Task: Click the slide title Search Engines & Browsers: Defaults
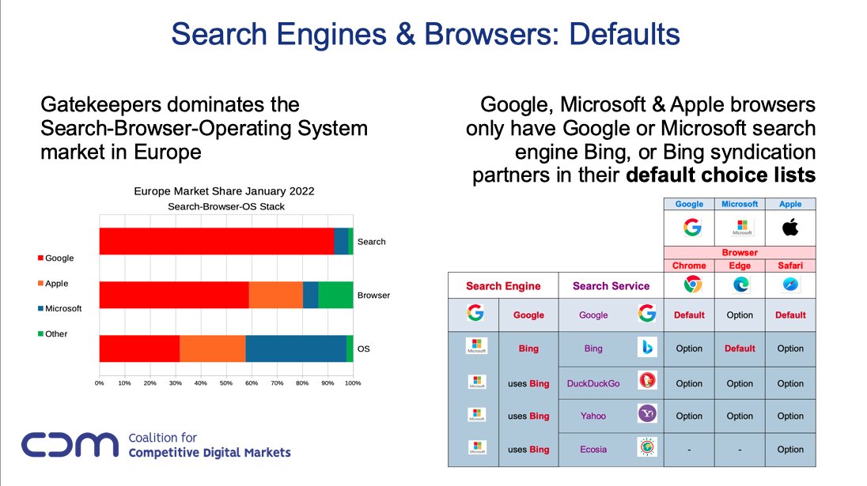coord(426,34)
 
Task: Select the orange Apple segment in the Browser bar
coord(275,295)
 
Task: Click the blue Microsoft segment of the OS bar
coord(295,348)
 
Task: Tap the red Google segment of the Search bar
coord(215,241)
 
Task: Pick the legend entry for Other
coord(56,333)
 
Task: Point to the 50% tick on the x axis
coord(226,383)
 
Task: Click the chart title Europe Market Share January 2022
coord(224,191)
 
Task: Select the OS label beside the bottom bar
coord(363,348)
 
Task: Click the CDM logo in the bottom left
coord(70,445)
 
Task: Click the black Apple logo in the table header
coord(790,228)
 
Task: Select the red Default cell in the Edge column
coord(740,348)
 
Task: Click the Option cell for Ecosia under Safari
coord(790,449)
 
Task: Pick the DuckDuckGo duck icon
coord(646,382)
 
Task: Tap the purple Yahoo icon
coord(646,415)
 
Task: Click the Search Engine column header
coord(503,286)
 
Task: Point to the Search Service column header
coord(611,286)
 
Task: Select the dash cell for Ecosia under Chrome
coord(689,449)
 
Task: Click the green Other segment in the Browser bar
coord(335,295)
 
